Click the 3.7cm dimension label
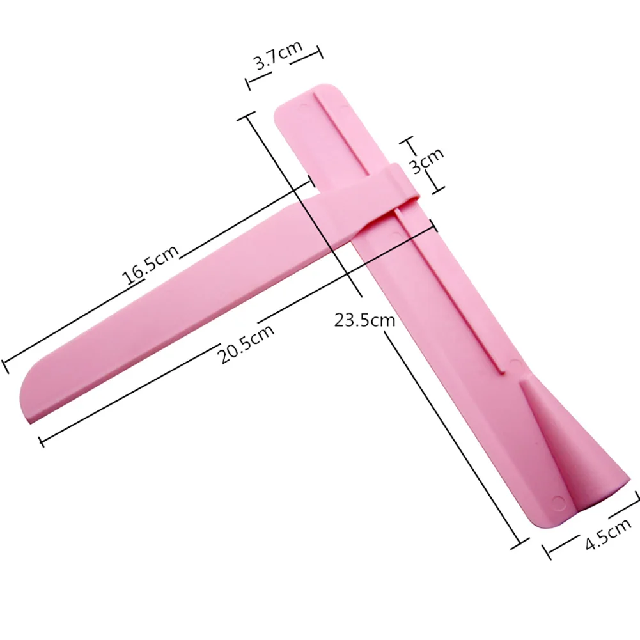tap(278, 55)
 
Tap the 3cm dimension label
tap(426, 160)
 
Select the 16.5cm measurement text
tap(150, 265)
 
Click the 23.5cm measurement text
tap(364, 320)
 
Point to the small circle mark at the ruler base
tap(558, 501)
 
